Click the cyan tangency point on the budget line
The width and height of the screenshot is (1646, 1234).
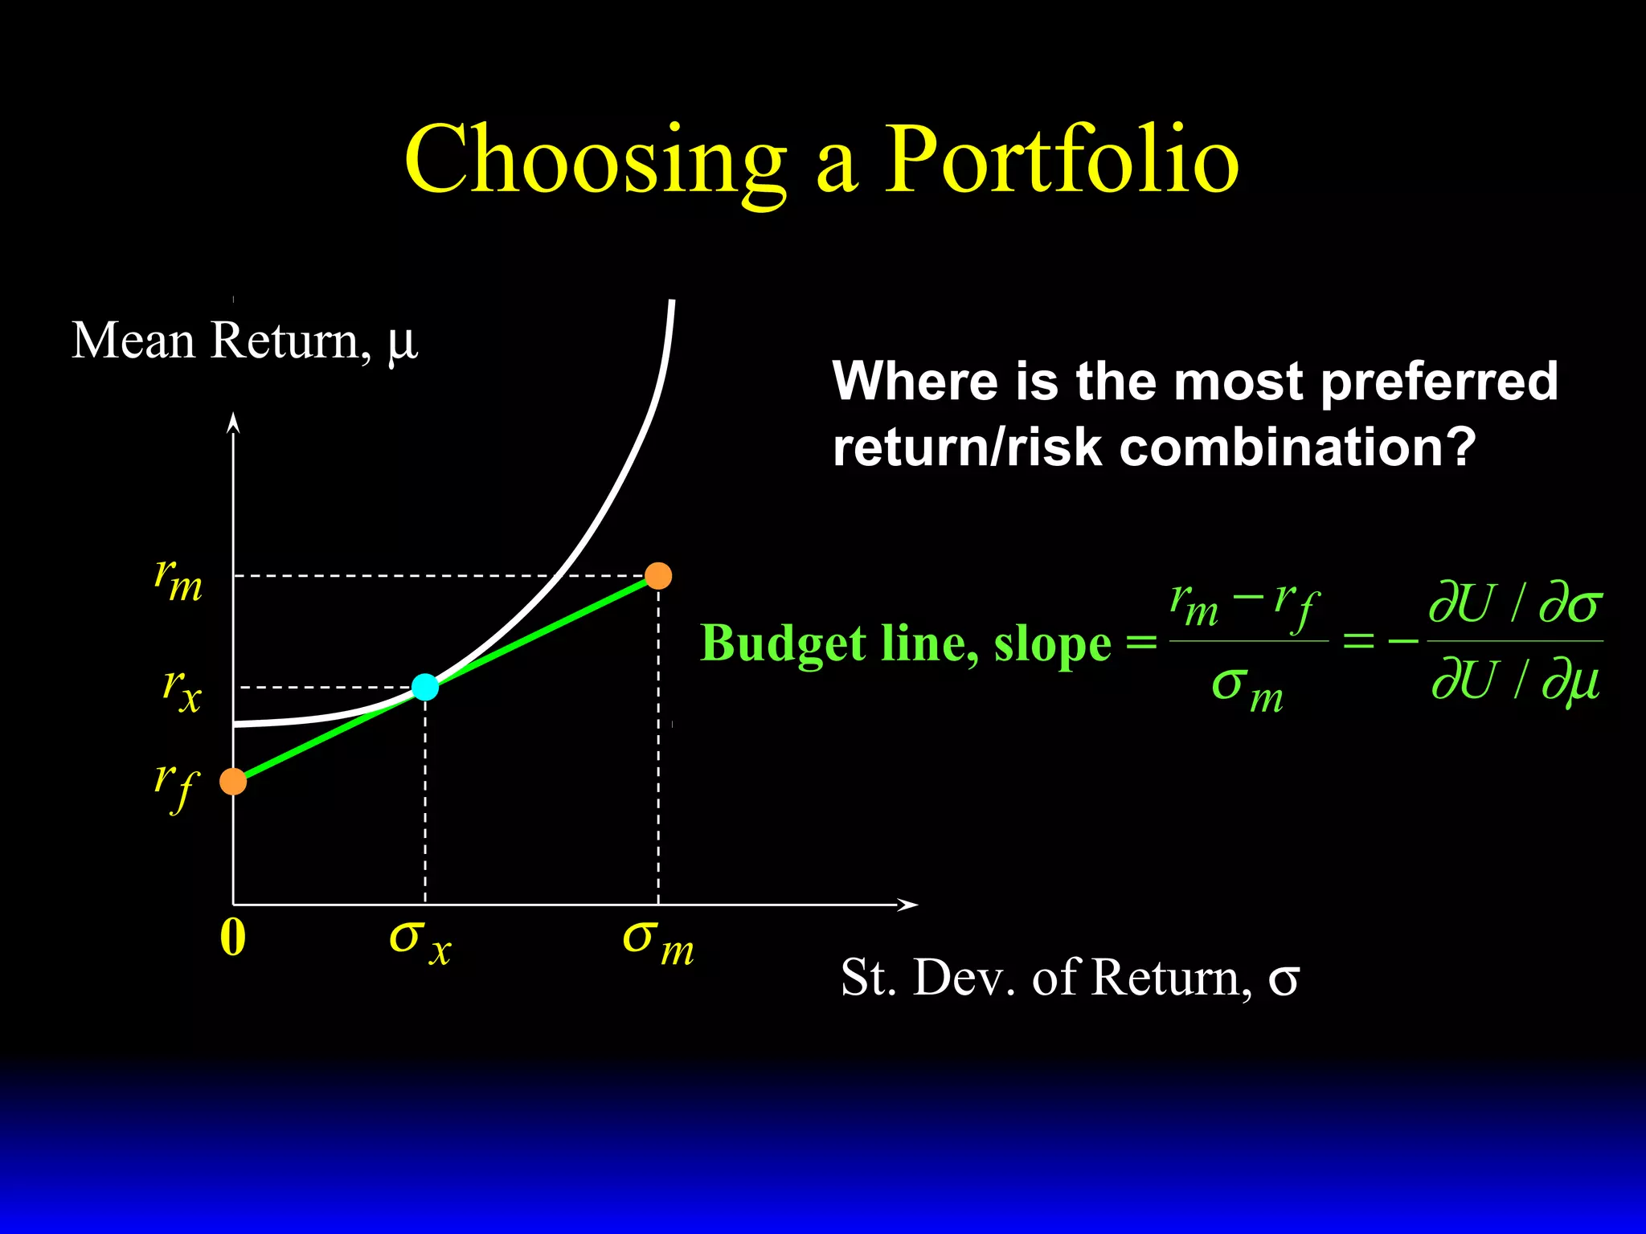[425, 687]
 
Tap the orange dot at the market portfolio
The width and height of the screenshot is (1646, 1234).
[658, 576]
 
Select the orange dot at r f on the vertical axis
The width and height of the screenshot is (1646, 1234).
[233, 781]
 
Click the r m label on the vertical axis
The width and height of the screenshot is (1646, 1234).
[178, 580]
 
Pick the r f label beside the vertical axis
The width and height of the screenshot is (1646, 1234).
[176, 786]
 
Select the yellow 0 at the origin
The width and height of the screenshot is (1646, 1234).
[232, 938]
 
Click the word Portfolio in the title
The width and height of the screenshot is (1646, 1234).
[1061, 160]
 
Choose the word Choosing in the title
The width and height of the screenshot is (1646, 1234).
[595, 160]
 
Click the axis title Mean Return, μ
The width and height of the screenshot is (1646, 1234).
[244, 341]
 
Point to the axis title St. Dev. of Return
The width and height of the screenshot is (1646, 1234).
[1069, 978]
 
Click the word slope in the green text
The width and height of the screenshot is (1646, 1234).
[1052, 644]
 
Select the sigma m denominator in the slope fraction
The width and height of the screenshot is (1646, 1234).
[1247, 689]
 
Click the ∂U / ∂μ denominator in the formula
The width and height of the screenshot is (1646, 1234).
[1516, 681]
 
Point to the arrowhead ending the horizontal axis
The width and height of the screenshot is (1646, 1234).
[908, 905]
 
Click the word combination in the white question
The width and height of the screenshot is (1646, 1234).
[1297, 447]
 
